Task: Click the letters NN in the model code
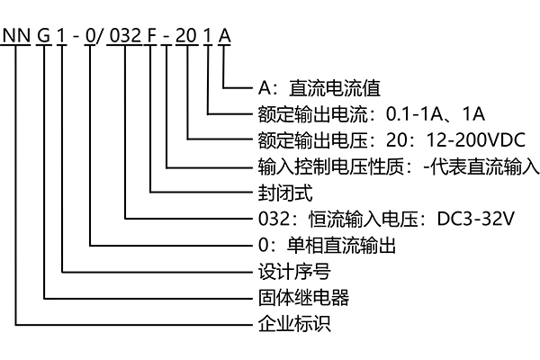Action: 17,35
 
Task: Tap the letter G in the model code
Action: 45,35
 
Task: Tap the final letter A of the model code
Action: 225,35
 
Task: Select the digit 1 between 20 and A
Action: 210,35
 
